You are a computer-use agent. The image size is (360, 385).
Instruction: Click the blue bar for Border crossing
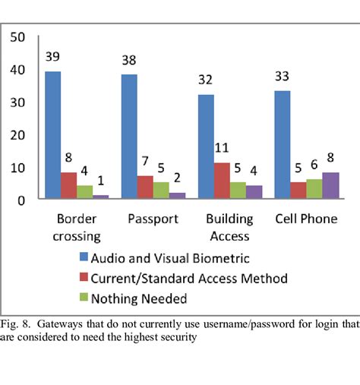[53, 135]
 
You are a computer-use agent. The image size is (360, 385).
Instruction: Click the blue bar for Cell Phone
[282, 145]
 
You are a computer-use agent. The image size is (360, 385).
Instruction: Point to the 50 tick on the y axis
[18, 37]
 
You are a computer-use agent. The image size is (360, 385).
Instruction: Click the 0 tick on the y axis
[22, 200]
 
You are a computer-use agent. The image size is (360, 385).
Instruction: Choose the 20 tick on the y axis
[18, 135]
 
